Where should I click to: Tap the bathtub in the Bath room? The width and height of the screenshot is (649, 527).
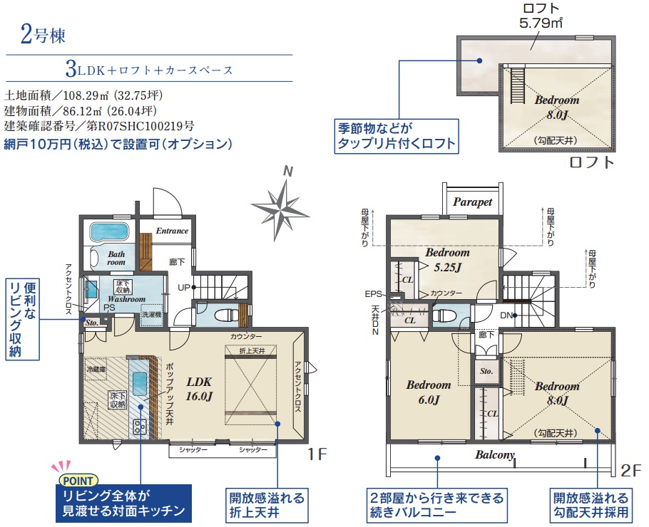pos(109,231)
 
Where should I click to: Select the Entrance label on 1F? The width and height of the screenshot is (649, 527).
pos(172,231)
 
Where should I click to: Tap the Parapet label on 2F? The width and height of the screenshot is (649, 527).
pos(473,202)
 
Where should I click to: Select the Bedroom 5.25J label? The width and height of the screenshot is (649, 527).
pos(447,260)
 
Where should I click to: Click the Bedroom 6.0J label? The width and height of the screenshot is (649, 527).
pos(429,392)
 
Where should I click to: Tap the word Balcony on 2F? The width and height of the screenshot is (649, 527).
pos(496,455)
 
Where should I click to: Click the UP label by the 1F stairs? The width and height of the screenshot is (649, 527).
pos(184,288)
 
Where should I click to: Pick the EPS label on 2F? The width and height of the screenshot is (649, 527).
pos(373,293)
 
